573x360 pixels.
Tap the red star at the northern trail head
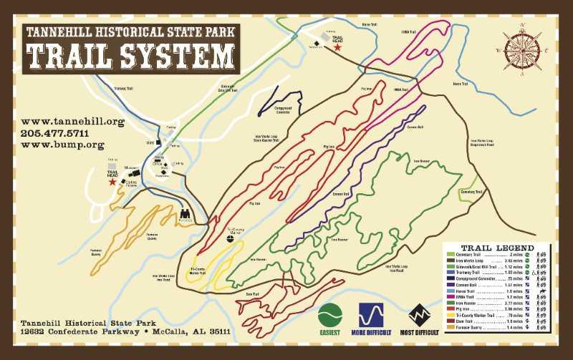(x=337, y=48)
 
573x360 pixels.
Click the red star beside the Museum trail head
(x=112, y=183)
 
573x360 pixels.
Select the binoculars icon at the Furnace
(x=185, y=213)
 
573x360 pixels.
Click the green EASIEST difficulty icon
(x=331, y=315)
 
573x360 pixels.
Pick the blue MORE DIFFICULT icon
(x=371, y=315)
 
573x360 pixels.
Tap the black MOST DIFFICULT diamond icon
(x=420, y=315)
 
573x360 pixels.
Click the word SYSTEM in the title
(x=181, y=56)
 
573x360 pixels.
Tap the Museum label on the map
(x=130, y=168)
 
